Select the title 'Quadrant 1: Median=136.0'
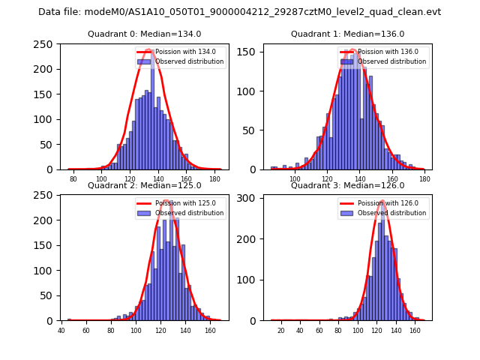[347, 34]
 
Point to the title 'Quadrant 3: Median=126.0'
[347, 185]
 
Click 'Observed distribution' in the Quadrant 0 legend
[189, 61]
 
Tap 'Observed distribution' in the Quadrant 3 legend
[392, 213]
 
